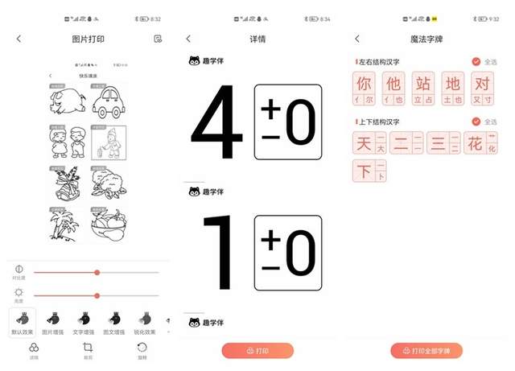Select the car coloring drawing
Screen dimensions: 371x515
pos(109,101)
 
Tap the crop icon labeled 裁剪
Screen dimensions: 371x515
pos(88,350)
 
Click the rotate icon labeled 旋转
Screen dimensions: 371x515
pos(142,350)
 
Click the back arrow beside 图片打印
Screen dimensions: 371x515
pos(19,39)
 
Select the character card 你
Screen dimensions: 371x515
pos(364,87)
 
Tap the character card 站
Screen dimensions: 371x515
pos(423,87)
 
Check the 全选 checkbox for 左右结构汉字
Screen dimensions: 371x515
pos(476,61)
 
